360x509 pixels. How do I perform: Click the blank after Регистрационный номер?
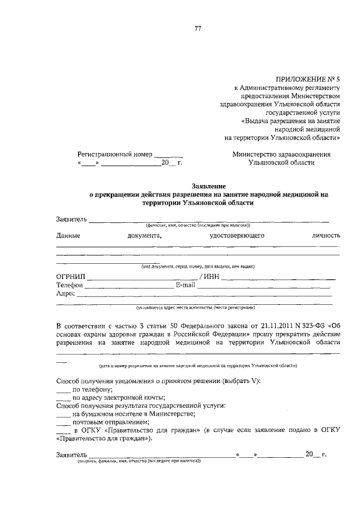[x=169, y=154]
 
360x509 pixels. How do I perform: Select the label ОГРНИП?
[x=70, y=277]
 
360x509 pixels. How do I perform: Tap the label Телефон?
[x=70, y=285]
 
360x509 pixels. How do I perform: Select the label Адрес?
[x=66, y=294]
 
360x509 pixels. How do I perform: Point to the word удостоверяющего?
[x=237, y=236]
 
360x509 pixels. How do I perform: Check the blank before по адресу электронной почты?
[x=63, y=398]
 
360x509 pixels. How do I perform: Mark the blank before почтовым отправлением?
[x=63, y=422]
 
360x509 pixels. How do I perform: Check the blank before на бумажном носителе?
[x=63, y=414]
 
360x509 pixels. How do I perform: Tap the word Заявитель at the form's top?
[x=71, y=219]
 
